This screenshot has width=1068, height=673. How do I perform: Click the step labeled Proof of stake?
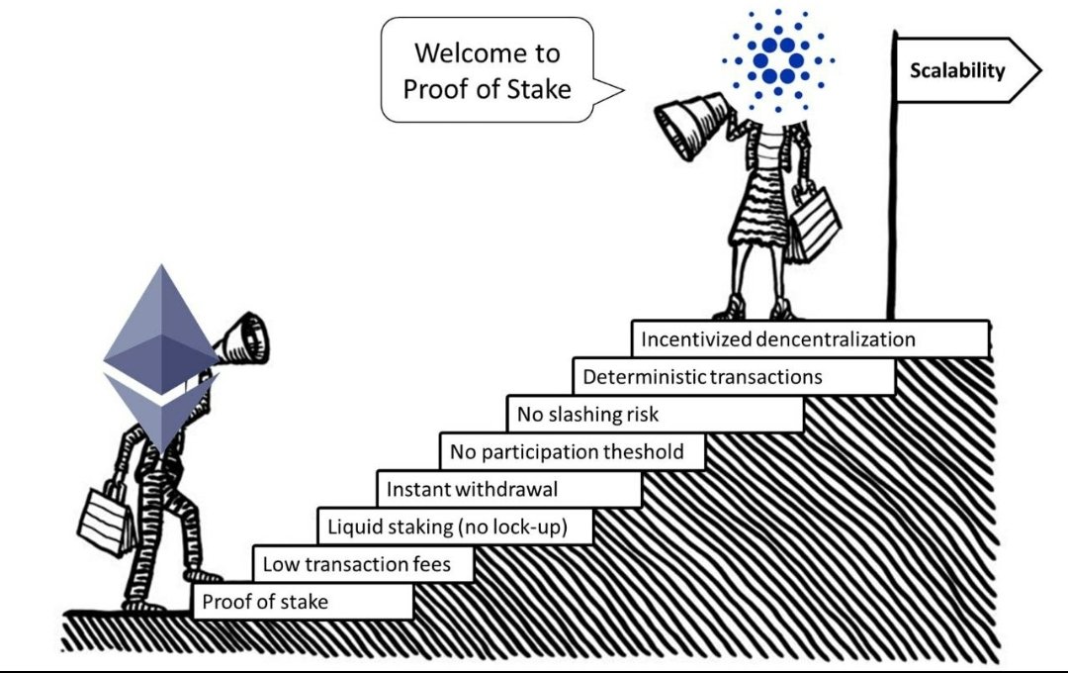tap(303, 602)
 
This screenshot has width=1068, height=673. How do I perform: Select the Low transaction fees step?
tap(362, 564)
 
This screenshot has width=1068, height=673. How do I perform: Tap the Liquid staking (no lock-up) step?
tap(454, 527)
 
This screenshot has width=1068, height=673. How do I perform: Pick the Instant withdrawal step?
tap(508, 489)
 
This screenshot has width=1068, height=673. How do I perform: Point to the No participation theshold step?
tap(574, 452)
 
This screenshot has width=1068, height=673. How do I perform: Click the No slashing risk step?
tap(654, 414)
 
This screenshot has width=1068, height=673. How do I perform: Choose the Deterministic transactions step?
tap(733, 377)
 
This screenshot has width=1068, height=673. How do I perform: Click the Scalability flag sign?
tap(964, 70)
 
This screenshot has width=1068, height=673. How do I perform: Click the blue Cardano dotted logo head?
tap(777, 60)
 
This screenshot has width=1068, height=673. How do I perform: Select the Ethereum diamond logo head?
tap(159, 356)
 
